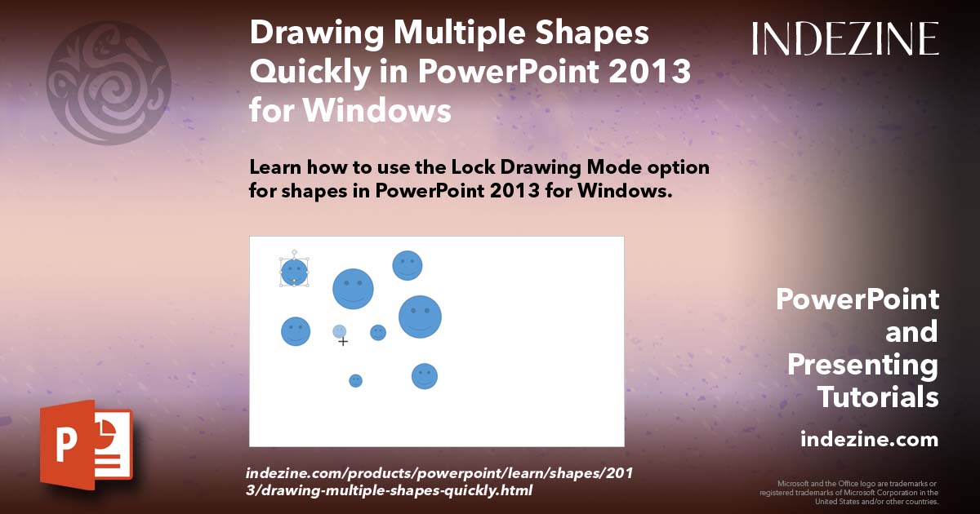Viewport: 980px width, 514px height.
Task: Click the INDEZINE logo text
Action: point(845,38)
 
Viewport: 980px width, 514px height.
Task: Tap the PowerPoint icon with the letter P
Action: point(86,445)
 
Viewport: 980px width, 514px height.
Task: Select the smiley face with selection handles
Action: point(294,273)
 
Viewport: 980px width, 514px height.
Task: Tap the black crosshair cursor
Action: point(343,341)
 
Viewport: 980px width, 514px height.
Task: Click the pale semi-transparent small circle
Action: point(339,330)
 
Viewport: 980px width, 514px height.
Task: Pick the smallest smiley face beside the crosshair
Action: point(377,332)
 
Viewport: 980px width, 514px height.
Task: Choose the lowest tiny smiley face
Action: point(355,380)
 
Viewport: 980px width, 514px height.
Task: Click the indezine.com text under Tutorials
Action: point(869,439)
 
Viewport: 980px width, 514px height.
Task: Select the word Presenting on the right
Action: point(862,365)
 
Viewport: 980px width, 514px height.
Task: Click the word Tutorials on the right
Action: point(878,397)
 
